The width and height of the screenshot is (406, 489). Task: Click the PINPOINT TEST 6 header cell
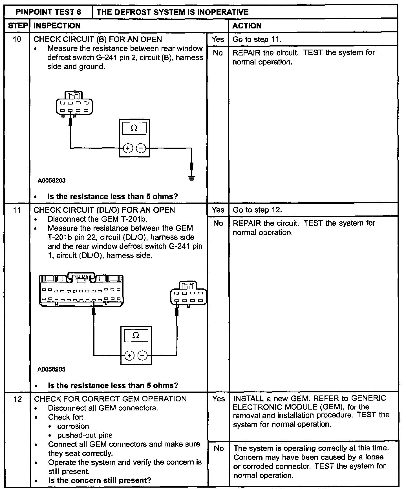pos(48,12)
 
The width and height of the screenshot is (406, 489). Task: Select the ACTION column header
pos(247,26)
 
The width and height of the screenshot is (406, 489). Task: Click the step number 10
pos(17,39)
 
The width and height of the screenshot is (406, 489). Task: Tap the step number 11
pos(17,210)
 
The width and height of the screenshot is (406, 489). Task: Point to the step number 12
pos(17,399)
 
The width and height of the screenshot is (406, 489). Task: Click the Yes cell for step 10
pos(218,39)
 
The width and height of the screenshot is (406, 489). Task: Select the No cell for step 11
pos(218,223)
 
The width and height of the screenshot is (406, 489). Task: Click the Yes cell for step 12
pos(218,399)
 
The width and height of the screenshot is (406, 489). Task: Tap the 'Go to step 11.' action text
pos(257,39)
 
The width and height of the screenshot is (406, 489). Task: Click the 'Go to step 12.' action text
pos(257,210)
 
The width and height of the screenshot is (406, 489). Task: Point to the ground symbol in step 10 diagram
pos(192,178)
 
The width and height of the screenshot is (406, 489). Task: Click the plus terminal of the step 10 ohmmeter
pos(128,148)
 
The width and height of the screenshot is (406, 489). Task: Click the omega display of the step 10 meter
pos(134,128)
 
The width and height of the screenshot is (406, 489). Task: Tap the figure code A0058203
pos(52,181)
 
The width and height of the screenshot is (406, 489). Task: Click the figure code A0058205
pos(52,369)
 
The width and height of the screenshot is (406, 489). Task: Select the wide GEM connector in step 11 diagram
pos(81,290)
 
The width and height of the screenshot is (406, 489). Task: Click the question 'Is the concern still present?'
pos(100,480)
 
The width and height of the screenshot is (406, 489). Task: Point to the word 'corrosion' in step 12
pos(73,426)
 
